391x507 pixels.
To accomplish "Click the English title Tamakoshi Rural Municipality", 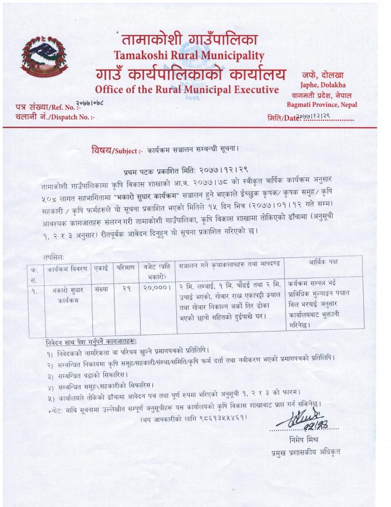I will (189, 55).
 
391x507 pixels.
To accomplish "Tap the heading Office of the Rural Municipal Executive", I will (187, 90).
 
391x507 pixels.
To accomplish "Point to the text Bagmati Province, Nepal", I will (322, 104).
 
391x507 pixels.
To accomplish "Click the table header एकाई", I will (101, 266).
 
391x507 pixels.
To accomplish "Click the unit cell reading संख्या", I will (101, 289).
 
